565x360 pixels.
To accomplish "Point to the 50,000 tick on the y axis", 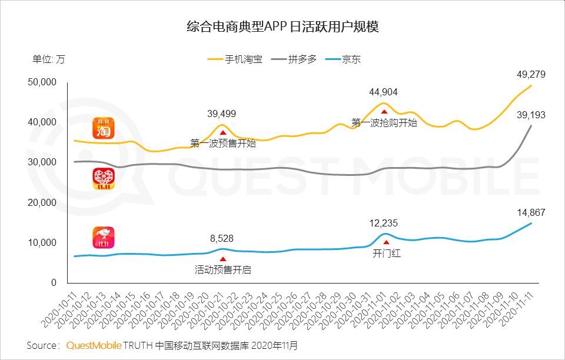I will pos(42,82).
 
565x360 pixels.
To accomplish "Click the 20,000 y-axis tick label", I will pos(42,202).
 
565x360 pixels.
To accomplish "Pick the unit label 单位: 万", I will pos(49,59).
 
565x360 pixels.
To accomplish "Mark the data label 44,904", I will pos(384,92).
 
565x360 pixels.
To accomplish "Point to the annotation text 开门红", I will pos(386,254).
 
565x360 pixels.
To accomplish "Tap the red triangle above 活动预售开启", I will pos(222,259).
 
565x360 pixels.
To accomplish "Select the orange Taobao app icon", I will pos(104,128).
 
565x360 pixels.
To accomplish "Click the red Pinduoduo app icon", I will pos(104,179).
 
